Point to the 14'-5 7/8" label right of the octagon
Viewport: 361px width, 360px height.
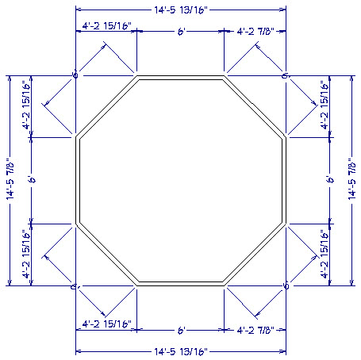point(351,180)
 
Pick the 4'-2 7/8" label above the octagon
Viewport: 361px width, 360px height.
point(255,30)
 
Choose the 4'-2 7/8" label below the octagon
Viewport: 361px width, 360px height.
point(255,328)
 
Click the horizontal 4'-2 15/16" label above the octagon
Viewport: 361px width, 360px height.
point(106,27)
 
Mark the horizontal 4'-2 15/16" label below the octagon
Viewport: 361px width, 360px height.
point(106,325)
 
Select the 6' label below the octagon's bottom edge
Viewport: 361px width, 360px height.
point(181,328)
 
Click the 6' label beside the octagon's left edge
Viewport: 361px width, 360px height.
point(30,181)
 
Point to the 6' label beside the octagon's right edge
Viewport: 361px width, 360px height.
point(329,181)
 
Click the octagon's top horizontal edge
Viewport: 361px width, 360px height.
point(181,79)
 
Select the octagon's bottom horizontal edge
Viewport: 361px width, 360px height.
point(181,282)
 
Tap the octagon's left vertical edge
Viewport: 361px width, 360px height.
point(79,181)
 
